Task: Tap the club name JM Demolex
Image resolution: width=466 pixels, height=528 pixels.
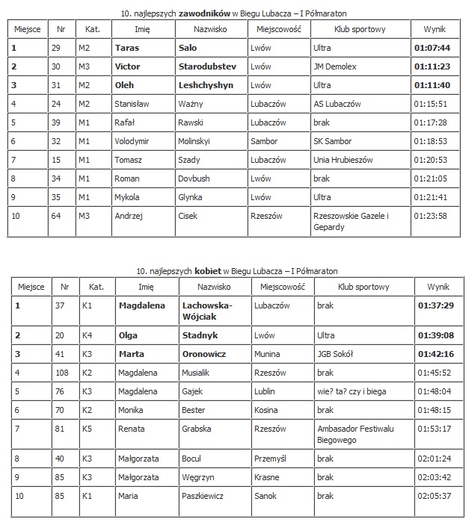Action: pyautogui.click(x=336, y=66)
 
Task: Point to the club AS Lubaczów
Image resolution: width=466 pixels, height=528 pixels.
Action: pyautogui.click(x=339, y=104)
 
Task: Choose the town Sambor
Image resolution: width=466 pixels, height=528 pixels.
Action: pyautogui.click(x=264, y=141)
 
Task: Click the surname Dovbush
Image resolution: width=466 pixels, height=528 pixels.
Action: pyautogui.click(x=196, y=178)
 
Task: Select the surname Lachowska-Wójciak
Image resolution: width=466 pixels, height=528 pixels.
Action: pyautogui.click(x=207, y=311)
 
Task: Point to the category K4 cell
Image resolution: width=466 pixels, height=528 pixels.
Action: pyautogui.click(x=95, y=335)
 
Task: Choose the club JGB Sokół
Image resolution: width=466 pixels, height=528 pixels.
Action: pyautogui.click(x=335, y=354)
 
